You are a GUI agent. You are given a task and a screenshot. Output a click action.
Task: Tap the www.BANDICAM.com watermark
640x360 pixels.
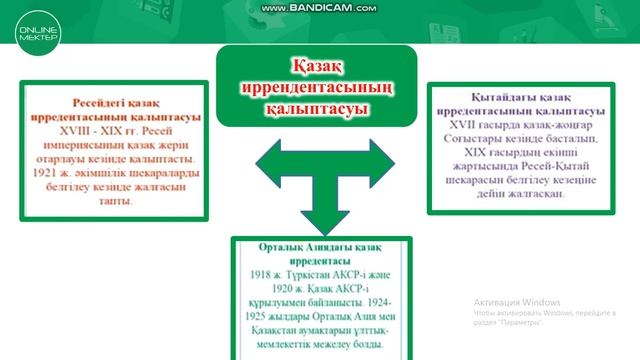click(319, 8)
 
